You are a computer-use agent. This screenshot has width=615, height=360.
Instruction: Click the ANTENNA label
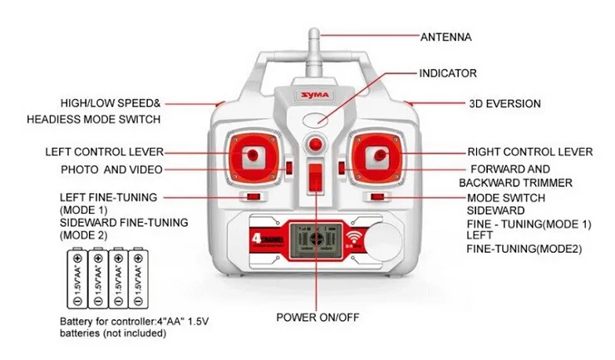coord(445,37)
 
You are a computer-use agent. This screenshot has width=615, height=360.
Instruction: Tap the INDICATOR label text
coord(447,73)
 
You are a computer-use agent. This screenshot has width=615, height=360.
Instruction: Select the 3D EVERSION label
coord(504,104)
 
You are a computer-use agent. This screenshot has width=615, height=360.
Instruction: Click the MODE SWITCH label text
coord(505,198)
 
